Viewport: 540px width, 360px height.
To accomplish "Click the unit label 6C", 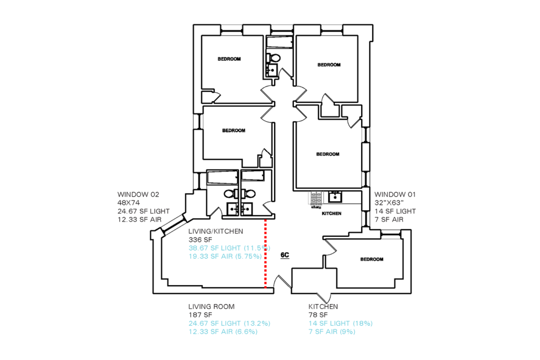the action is pos(285,255).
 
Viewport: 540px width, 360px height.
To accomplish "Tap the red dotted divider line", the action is pos(265,254).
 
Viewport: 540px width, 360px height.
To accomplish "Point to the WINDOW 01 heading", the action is pos(395,194).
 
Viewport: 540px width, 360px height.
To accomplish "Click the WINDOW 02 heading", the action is pos(139,194).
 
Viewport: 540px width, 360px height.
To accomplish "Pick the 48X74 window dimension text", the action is pos(129,203).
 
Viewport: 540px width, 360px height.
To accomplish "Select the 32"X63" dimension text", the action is pos(389,203).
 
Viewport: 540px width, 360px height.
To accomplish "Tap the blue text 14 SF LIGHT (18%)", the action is pos(341,324).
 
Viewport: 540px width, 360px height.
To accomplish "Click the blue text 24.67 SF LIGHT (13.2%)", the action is pos(229,324).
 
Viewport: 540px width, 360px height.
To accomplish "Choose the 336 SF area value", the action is pos(200,239).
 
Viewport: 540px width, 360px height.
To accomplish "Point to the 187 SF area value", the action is pos(200,315).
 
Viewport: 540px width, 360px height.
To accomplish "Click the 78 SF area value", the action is pos(318,315).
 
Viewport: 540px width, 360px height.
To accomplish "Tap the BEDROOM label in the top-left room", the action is pos(229,59).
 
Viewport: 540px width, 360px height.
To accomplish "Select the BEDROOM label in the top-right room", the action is pos(329,65).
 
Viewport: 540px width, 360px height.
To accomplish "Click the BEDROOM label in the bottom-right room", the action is pos(372,259).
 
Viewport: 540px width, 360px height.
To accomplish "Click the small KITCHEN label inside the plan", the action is pos(331,213).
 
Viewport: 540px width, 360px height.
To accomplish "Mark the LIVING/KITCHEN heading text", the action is pos(216,231).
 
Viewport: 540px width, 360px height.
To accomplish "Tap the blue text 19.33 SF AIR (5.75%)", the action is pos(225,256).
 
